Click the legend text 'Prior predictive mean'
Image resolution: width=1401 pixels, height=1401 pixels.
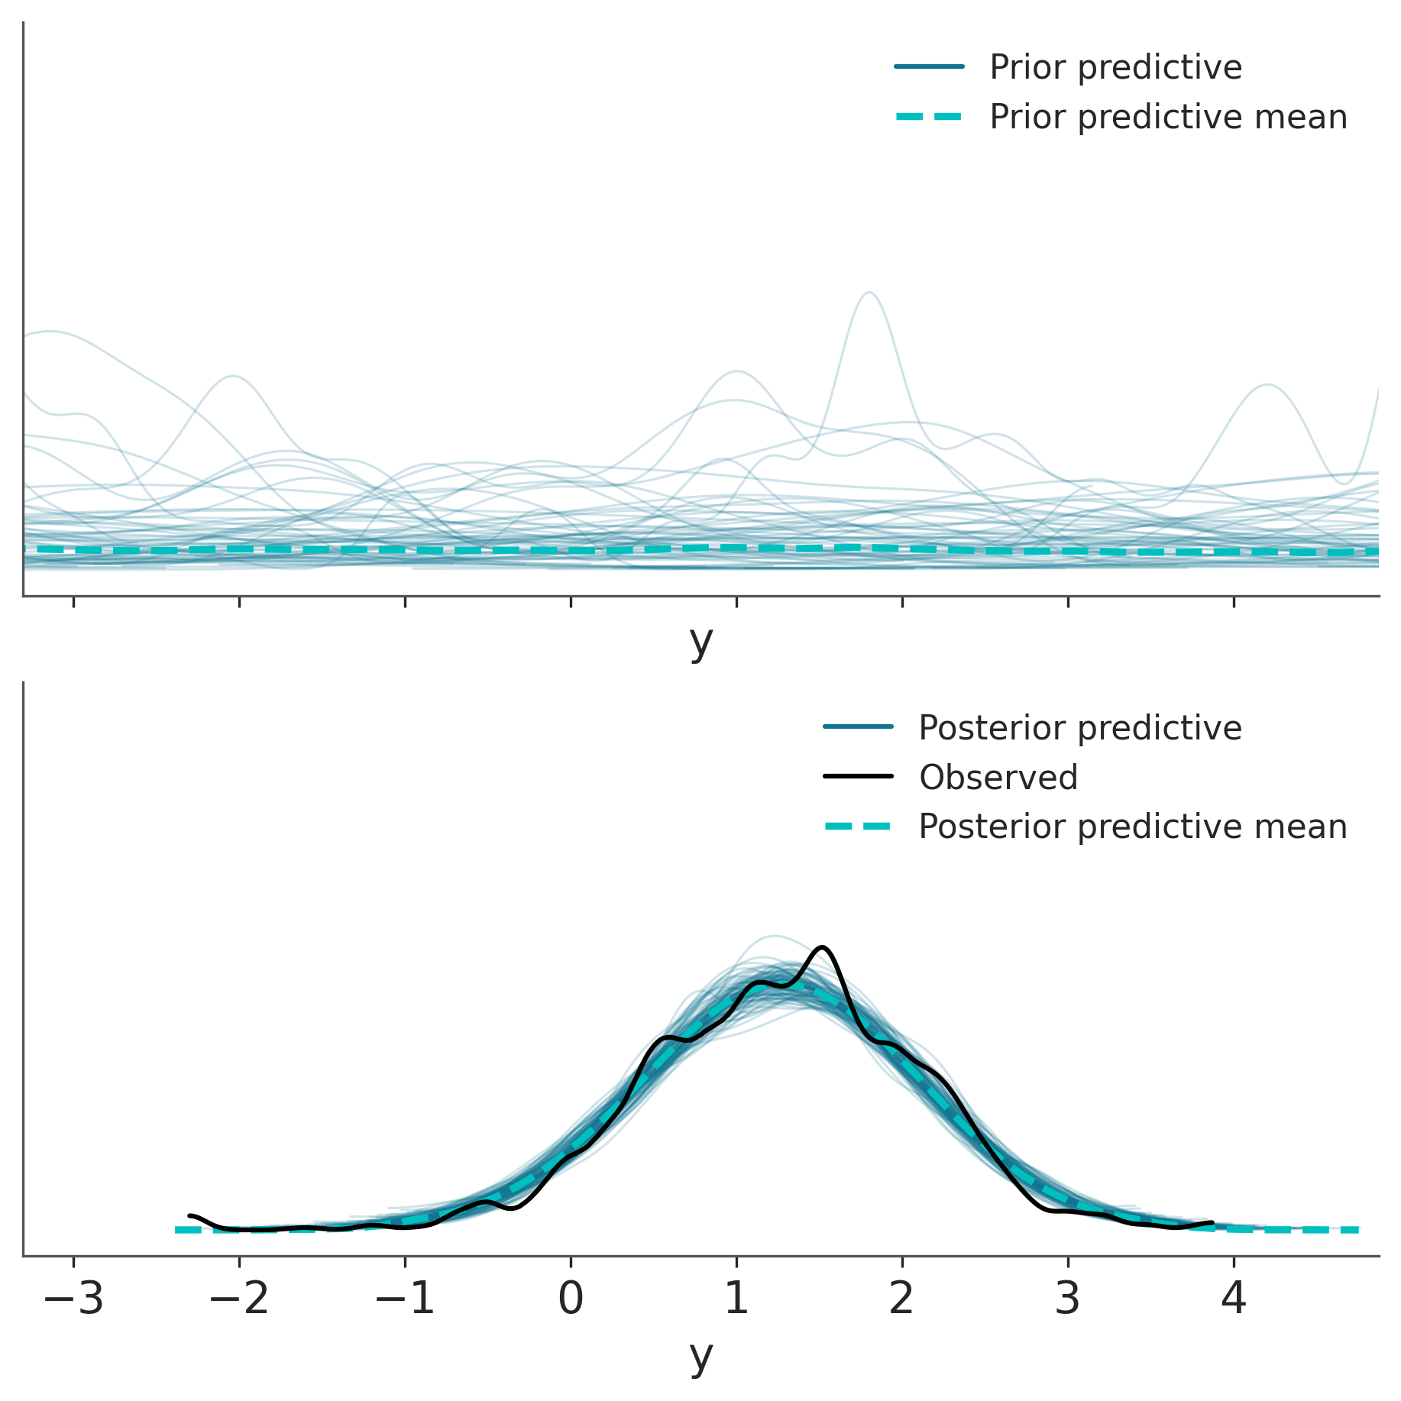[x=1168, y=117]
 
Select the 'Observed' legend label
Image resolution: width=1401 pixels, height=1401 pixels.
[x=998, y=778]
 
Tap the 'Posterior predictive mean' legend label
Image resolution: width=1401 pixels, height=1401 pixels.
[x=1132, y=827]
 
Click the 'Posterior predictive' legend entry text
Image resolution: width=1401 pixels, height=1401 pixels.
[x=1079, y=728]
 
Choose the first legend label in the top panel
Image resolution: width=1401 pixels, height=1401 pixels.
[x=1115, y=67]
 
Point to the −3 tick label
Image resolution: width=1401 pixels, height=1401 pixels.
[x=73, y=1299]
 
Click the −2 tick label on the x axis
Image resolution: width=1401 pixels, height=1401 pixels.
[x=239, y=1299]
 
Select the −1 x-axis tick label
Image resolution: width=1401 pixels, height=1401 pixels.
[x=405, y=1299]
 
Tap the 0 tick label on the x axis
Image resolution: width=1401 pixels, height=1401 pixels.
[x=571, y=1299]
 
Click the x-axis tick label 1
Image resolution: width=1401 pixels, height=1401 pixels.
[x=736, y=1299]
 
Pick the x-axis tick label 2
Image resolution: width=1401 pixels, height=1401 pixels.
[x=902, y=1299]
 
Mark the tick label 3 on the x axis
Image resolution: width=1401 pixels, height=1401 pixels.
[x=1068, y=1299]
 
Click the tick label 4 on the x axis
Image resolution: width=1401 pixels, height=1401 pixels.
[x=1234, y=1299]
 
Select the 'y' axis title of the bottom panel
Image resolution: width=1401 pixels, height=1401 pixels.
[x=700, y=1357]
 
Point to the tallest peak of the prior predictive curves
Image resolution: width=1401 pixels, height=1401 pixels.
[x=869, y=293]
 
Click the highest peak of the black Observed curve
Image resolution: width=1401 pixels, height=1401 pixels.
[x=822, y=947]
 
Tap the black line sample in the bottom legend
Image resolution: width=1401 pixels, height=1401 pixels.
[x=858, y=777]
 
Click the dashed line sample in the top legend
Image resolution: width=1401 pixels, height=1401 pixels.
[x=929, y=117]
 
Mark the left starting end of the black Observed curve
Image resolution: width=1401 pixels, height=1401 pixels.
[x=189, y=1215]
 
